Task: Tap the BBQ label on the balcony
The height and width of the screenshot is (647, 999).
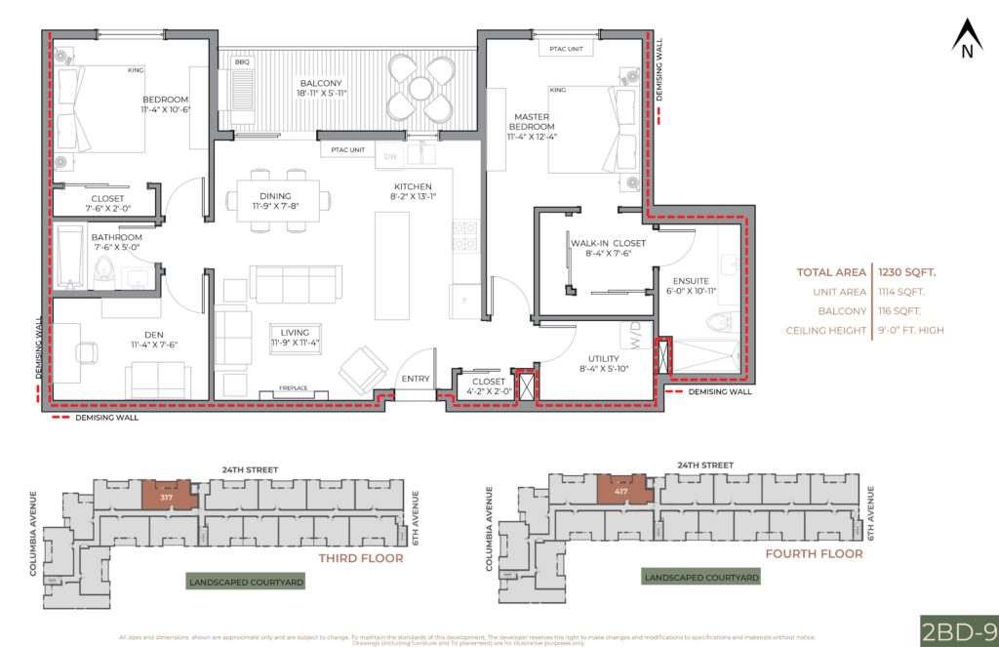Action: click(242, 61)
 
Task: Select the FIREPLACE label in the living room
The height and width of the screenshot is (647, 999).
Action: click(294, 388)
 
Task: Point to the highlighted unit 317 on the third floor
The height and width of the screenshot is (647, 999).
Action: click(169, 495)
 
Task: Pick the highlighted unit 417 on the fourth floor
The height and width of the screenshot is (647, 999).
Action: click(621, 490)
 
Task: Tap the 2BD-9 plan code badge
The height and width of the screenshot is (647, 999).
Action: click(957, 629)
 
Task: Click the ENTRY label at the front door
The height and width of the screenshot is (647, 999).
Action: click(416, 380)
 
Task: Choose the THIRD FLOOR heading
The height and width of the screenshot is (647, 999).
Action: click(361, 559)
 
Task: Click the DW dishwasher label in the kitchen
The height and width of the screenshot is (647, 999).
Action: click(390, 156)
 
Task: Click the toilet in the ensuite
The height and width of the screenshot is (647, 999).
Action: click(723, 319)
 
